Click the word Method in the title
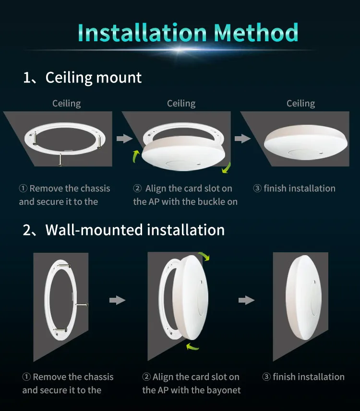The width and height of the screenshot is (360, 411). [x=256, y=33]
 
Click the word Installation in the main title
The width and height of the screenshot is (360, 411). [x=142, y=33]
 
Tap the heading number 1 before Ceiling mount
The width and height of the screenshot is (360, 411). [x=27, y=78]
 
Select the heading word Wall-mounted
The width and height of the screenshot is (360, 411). [x=95, y=230]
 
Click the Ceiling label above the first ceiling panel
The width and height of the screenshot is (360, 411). [x=67, y=104]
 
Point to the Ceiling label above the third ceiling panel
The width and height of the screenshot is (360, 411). [x=300, y=104]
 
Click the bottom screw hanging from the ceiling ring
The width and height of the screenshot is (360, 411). [x=60, y=160]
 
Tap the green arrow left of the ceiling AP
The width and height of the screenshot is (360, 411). [x=136, y=156]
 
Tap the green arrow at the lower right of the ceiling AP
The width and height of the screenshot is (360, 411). [x=226, y=168]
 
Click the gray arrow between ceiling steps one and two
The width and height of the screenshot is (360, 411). [x=124, y=139]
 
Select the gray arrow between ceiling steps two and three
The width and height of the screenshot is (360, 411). [x=242, y=139]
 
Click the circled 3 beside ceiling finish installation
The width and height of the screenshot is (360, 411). [x=257, y=188]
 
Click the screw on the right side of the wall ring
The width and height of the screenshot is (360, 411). [x=82, y=305]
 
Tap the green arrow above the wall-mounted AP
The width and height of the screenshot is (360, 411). [x=204, y=256]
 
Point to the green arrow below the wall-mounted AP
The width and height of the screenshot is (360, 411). [x=192, y=347]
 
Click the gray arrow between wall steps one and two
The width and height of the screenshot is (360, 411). [x=117, y=300]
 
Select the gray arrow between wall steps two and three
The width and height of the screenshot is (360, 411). [x=246, y=300]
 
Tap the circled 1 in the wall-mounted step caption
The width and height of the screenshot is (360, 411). [x=26, y=377]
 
